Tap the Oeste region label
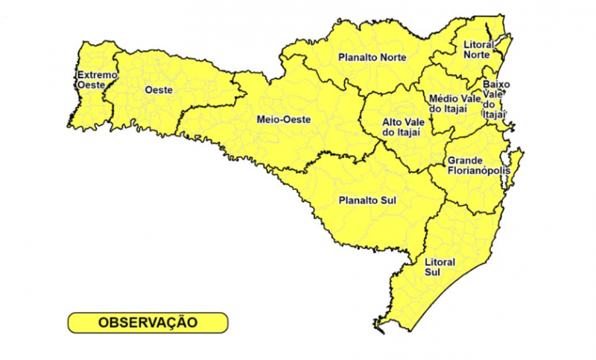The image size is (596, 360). point(158,89)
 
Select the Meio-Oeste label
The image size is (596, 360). point(283,119)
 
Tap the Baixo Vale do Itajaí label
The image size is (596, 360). point(495,99)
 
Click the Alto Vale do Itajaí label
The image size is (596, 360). point(402,127)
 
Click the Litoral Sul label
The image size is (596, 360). point(440,268)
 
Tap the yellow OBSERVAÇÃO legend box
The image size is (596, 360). point(148,322)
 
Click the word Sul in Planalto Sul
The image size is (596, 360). point(387,200)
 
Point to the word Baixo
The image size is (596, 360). point(496,84)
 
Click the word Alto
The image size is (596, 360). point(393,121)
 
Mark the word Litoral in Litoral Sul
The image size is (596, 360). point(440,262)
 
